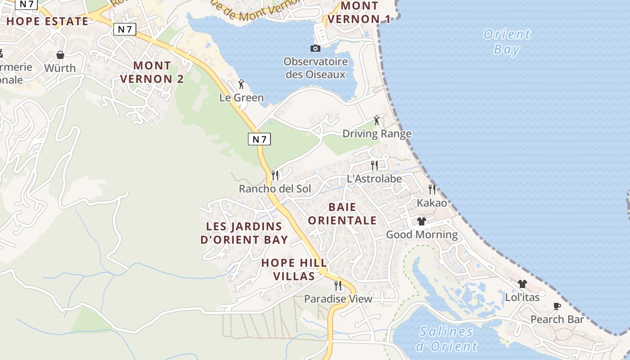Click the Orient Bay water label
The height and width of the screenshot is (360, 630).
click(507, 41)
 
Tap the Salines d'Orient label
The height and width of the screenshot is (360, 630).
click(446, 339)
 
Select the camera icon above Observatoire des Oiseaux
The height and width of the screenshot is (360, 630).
click(315, 48)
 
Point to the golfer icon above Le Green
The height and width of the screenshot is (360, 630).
click(241, 84)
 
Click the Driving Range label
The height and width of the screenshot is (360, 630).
click(377, 134)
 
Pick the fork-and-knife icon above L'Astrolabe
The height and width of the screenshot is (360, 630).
click(374, 165)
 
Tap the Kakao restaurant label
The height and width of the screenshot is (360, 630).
click(432, 203)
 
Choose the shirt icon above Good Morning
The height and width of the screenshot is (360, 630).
click(422, 221)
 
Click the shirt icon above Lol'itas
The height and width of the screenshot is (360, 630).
click(522, 284)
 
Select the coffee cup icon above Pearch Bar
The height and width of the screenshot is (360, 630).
click(557, 306)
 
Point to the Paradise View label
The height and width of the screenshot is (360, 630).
click(338, 299)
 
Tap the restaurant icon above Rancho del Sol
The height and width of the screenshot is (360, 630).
click(275, 175)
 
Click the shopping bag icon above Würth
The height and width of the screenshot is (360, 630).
click(60, 55)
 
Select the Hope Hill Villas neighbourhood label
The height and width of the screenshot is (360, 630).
click(294, 269)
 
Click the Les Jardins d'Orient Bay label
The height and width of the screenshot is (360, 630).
click(244, 233)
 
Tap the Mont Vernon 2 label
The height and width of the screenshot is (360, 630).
click(152, 72)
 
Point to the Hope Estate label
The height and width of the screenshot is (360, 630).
click(47, 21)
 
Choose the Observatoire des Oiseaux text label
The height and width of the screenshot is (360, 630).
click(315, 68)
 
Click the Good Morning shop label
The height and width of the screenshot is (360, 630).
click(422, 234)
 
